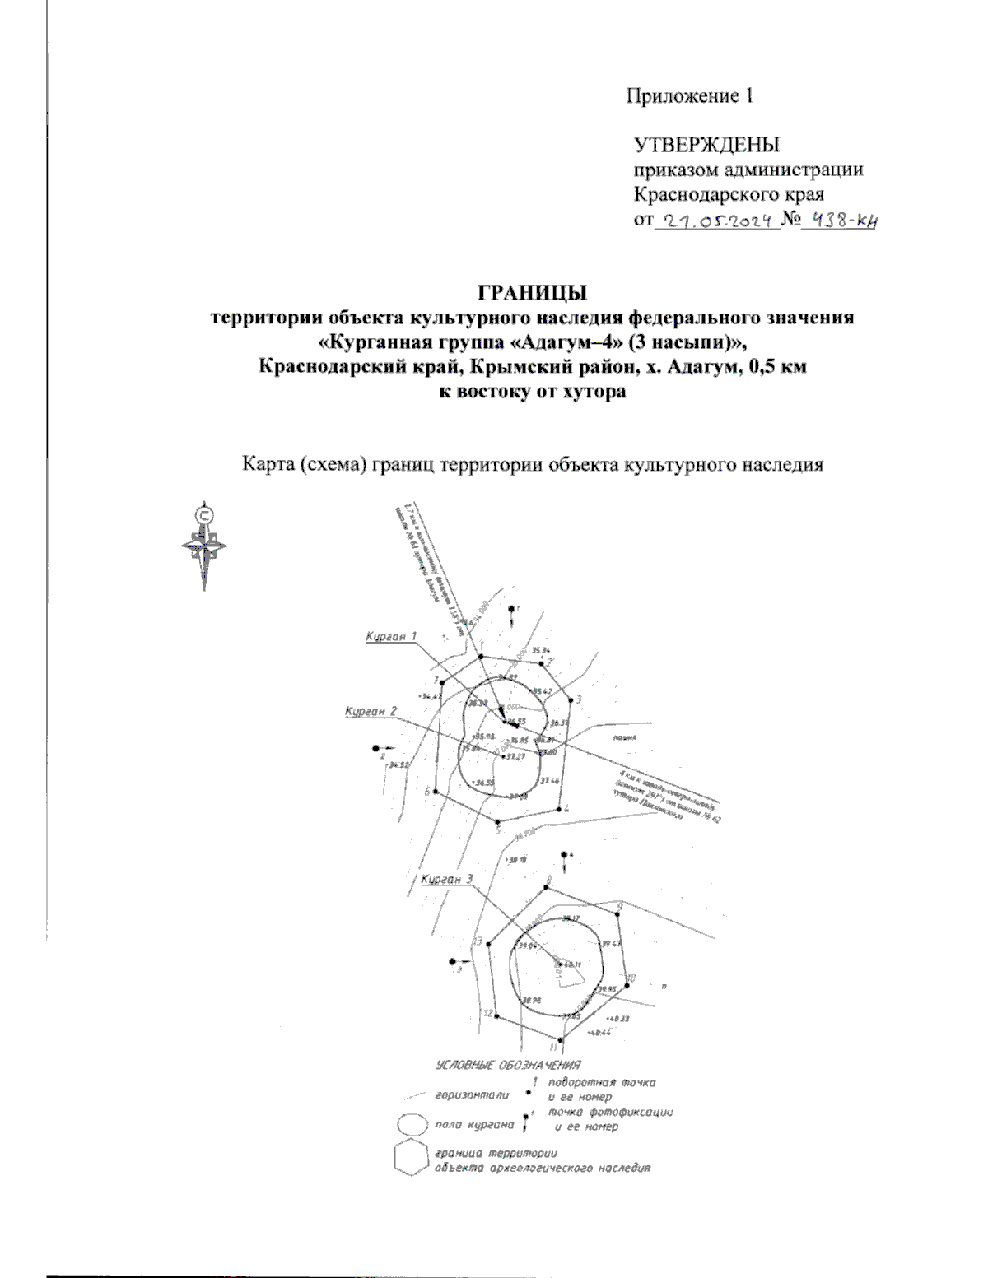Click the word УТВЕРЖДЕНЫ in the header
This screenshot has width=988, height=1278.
706,146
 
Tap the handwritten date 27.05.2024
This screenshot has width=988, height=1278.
715,221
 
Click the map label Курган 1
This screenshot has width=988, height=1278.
392,636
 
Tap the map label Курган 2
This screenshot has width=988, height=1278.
371,711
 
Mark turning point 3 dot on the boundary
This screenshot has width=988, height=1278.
570,699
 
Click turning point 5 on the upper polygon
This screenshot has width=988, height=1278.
496,821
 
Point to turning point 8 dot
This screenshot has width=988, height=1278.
547,889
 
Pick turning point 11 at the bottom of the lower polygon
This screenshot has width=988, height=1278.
560,1041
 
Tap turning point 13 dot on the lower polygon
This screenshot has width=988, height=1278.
487,946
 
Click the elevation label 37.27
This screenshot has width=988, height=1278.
515,755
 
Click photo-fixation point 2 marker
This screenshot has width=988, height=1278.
376,749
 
